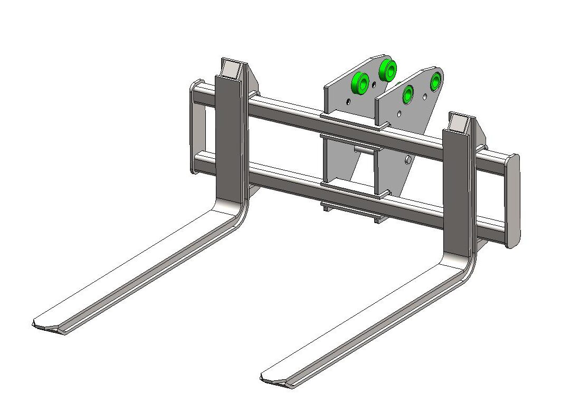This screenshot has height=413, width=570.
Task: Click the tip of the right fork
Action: (272, 378)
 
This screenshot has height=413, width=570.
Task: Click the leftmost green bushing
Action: (360, 82)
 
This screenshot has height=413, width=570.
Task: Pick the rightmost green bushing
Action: (436, 80)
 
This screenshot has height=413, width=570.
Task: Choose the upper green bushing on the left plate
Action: (388, 69)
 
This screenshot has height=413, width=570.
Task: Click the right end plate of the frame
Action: (512, 200)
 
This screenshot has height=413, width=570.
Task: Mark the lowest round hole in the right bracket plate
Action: (407, 159)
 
